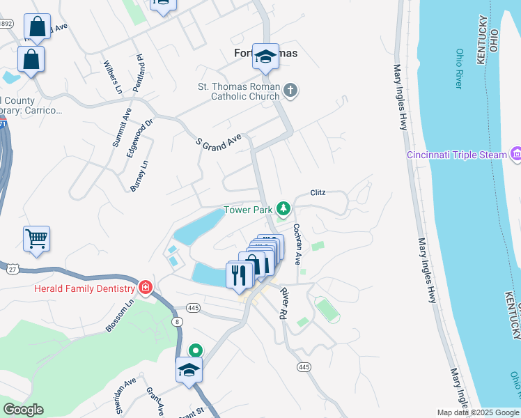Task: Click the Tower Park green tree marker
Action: coord(283,208)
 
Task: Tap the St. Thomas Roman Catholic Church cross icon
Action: coord(290,90)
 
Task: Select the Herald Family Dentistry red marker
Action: coord(145,288)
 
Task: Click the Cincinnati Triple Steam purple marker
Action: coord(516,153)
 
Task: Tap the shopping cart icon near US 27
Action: coord(36,239)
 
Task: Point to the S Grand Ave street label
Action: coord(218,142)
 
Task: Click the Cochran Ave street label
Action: coord(297,244)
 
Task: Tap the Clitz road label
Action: coord(318,193)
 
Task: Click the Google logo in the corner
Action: coord(23,410)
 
